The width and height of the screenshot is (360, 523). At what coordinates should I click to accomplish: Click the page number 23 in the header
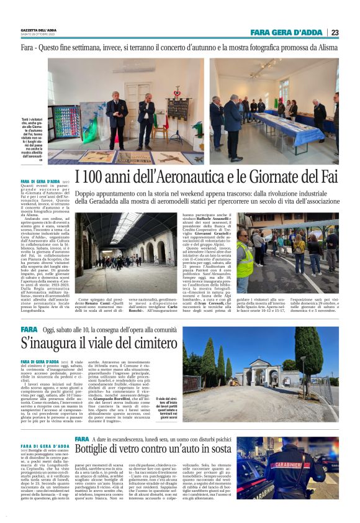click(335, 32)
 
